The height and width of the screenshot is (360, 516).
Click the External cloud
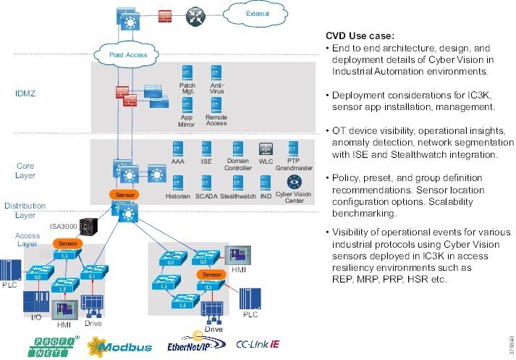click(x=257, y=13)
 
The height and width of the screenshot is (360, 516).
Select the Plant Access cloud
click(x=128, y=54)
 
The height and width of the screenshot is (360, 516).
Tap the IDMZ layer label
click(x=25, y=93)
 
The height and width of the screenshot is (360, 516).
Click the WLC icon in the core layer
click(x=266, y=148)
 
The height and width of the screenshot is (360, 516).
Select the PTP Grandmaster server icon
click(x=294, y=148)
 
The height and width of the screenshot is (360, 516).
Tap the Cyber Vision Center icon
click(x=294, y=181)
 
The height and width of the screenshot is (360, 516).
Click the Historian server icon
click(x=178, y=182)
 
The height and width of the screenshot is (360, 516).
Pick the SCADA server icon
click(x=206, y=182)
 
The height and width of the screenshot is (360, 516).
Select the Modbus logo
click(x=120, y=346)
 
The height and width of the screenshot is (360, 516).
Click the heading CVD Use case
click(x=360, y=35)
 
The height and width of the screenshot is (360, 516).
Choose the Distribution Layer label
click(x=25, y=210)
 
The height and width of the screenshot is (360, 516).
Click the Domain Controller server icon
click(x=238, y=148)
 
